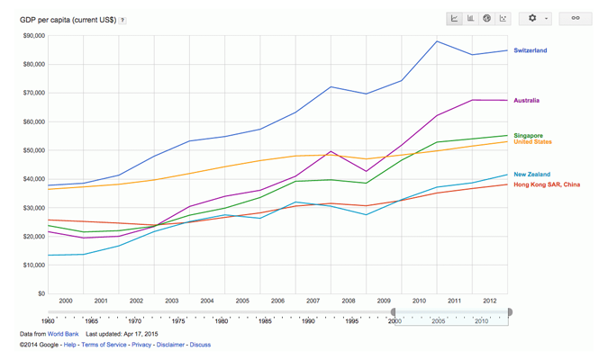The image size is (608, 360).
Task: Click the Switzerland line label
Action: [530, 50]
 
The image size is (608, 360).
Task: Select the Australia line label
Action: [526, 101]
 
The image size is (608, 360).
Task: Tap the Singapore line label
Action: [528, 136]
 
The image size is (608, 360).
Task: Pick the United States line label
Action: [532, 142]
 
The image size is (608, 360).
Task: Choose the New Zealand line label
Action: [532, 175]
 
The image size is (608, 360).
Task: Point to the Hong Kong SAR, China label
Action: [547, 184]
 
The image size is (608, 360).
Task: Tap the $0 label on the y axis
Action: [40, 293]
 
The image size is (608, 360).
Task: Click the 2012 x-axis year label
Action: [489, 301]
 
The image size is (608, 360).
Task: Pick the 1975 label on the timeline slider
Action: [178, 320]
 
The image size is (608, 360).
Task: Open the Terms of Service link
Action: [104, 345]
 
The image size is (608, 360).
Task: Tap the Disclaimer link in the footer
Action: [170, 345]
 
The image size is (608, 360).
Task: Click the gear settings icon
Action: [532, 18]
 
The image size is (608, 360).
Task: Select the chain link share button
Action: [576, 18]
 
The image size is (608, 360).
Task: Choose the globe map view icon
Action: [487, 18]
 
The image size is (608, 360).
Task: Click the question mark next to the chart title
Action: [123, 20]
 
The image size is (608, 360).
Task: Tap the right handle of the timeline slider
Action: [510, 312]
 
